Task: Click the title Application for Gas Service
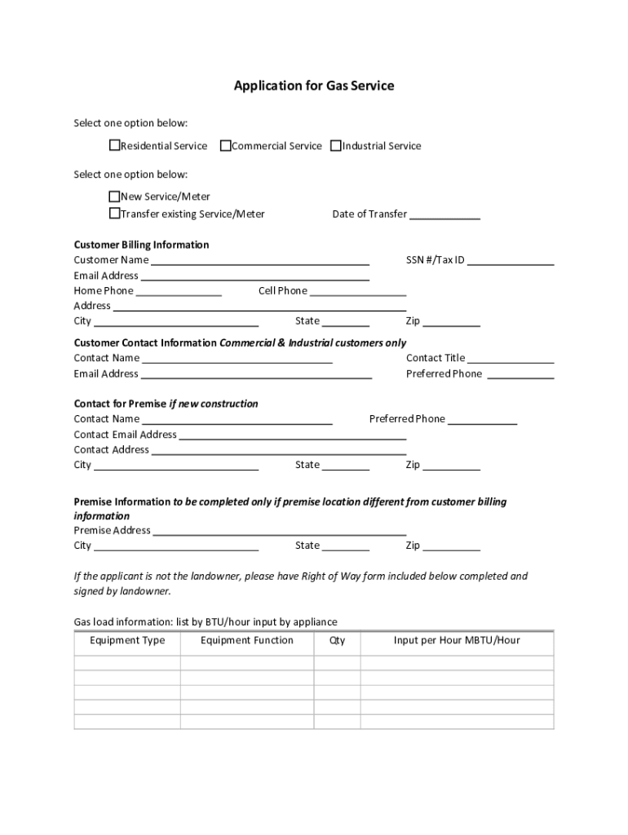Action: tap(314, 86)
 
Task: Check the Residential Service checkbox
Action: tap(115, 146)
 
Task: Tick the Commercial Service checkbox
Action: tap(226, 146)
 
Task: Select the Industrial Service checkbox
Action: tap(336, 146)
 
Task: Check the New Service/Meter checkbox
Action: tap(115, 197)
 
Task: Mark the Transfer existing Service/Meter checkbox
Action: tap(115, 214)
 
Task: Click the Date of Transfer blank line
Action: tap(444, 215)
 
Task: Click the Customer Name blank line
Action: tap(260, 261)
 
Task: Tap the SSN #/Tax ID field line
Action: tap(511, 261)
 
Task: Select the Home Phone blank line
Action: tap(179, 292)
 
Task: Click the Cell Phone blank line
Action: tap(358, 292)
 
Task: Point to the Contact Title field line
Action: tap(511, 359)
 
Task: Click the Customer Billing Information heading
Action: tap(141, 245)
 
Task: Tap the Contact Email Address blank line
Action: tap(292, 435)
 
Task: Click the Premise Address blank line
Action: tap(280, 532)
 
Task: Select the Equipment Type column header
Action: tap(127, 641)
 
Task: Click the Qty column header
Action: tap(337, 641)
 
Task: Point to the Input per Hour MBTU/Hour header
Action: tap(457, 641)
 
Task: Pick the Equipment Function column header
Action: tap(247, 641)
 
